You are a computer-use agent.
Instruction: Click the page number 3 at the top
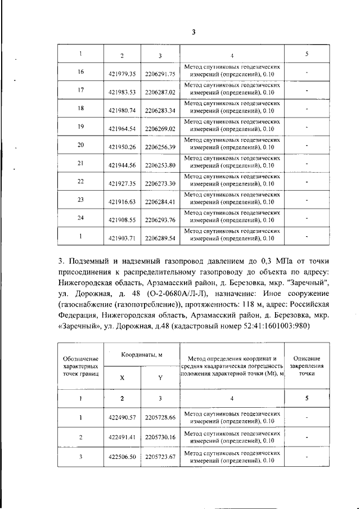click(x=193, y=32)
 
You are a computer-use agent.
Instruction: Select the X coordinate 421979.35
click(x=123, y=74)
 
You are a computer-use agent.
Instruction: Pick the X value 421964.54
click(x=123, y=128)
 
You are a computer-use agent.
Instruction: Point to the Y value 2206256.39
click(x=160, y=146)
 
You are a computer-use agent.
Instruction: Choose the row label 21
click(x=80, y=163)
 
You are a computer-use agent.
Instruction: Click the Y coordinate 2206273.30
click(x=160, y=183)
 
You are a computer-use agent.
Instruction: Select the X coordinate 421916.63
click(x=123, y=201)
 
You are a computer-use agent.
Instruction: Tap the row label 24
click(x=80, y=217)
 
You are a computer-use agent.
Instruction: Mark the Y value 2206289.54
click(x=160, y=238)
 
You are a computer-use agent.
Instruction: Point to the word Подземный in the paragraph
click(x=96, y=262)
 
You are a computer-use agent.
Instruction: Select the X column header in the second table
click(x=123, y=378)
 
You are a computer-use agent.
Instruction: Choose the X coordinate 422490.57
click(x=123, y=418)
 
